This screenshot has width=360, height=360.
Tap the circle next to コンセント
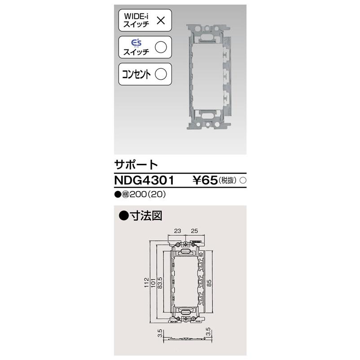coord(161,74)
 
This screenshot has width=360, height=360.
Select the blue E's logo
coord(136,43)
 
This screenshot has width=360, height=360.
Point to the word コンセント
coord(136,74)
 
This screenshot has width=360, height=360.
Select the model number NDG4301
coord(143,180)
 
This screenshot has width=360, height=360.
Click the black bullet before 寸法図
coord(124,216)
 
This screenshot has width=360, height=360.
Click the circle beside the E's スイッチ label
coord(161,47)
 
